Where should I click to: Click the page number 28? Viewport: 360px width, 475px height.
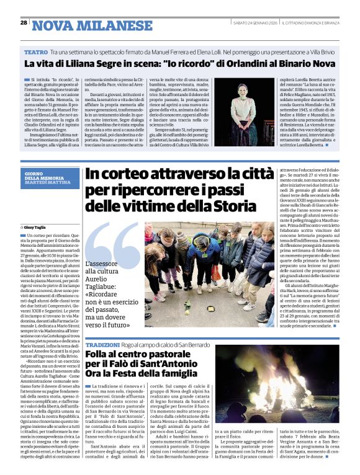pyautogui.click(x=23, y=22)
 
